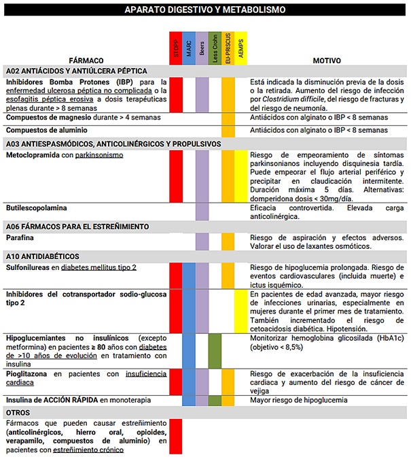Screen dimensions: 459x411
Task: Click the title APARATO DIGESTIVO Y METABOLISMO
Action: tap(205, 10)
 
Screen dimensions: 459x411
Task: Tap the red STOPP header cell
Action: tap(176, 48)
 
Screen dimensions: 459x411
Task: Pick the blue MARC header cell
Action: tap(189, 48)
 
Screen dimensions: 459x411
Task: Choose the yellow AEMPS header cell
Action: tap(241, 48)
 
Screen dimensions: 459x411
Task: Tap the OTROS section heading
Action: tap(18, 412)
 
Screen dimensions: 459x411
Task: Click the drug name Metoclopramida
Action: tap(32, 154)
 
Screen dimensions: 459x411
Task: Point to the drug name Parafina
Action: tap(21, 238)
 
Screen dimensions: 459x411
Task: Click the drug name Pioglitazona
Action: tap(29, 373)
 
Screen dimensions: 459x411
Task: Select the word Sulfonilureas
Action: tap(31, 267)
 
